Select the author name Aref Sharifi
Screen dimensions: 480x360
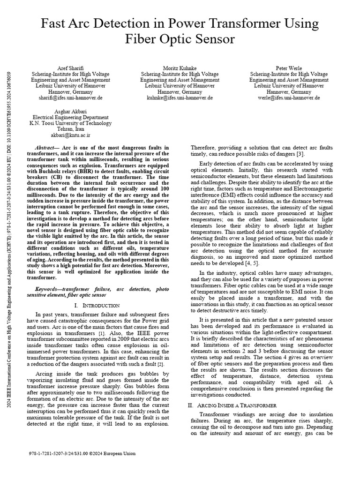coord(70,68)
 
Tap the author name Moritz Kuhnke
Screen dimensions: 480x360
coord(180,68)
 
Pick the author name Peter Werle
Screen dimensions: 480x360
coord(289,68)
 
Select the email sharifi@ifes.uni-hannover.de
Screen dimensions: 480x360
coord(70,98)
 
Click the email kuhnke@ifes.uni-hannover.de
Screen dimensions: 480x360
coord(180,98)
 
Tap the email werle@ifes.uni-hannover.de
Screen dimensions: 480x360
coord(289,98)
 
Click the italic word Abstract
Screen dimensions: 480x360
coord(47,148)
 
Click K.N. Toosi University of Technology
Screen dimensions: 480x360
coord(70,123)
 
